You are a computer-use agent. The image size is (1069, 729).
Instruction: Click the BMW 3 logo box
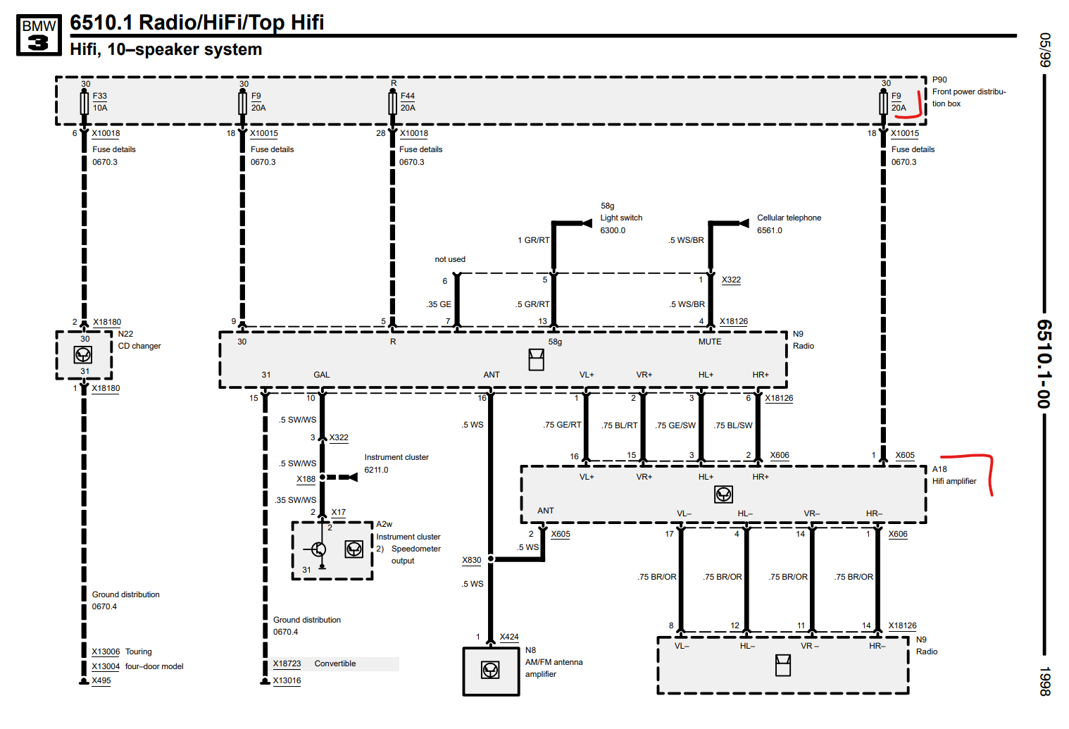(x=39, y=35)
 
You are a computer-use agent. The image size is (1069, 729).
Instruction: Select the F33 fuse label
(x=100, y=96)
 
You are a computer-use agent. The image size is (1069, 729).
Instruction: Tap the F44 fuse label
(x=408, y=96)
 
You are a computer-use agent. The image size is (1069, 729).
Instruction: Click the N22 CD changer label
(x=139, y=340)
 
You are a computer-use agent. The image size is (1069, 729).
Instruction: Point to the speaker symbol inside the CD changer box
(x=83, y=355)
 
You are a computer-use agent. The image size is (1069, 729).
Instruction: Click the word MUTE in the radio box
(x=710, y=342)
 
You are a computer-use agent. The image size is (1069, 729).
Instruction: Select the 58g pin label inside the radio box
(x=555, y=342)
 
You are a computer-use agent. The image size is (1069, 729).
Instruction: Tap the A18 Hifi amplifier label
(x=954, y=475)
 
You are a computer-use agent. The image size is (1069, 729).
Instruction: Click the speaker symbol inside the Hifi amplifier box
(x=723, y=494)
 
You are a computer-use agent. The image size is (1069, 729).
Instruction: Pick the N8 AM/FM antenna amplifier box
(x=491, y=671)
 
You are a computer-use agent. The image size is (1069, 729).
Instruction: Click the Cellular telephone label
(x=789, y=218)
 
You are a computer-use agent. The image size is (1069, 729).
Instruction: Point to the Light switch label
(x=621, y=218)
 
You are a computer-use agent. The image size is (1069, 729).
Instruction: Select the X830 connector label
(x=472, y=561)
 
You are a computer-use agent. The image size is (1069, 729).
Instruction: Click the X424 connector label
(x=509, y=637)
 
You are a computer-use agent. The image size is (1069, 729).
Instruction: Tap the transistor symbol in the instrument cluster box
(x=319, y=549)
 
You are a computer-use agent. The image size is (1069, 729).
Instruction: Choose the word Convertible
(x=335, y=664)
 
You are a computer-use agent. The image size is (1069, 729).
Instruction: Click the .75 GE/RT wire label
(x=562, y=425)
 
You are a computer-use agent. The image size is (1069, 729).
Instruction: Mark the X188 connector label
(x=306, y=480)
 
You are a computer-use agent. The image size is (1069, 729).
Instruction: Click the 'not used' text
(x=450, y=260)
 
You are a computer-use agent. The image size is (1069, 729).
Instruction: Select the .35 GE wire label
(x=439, y=305)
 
